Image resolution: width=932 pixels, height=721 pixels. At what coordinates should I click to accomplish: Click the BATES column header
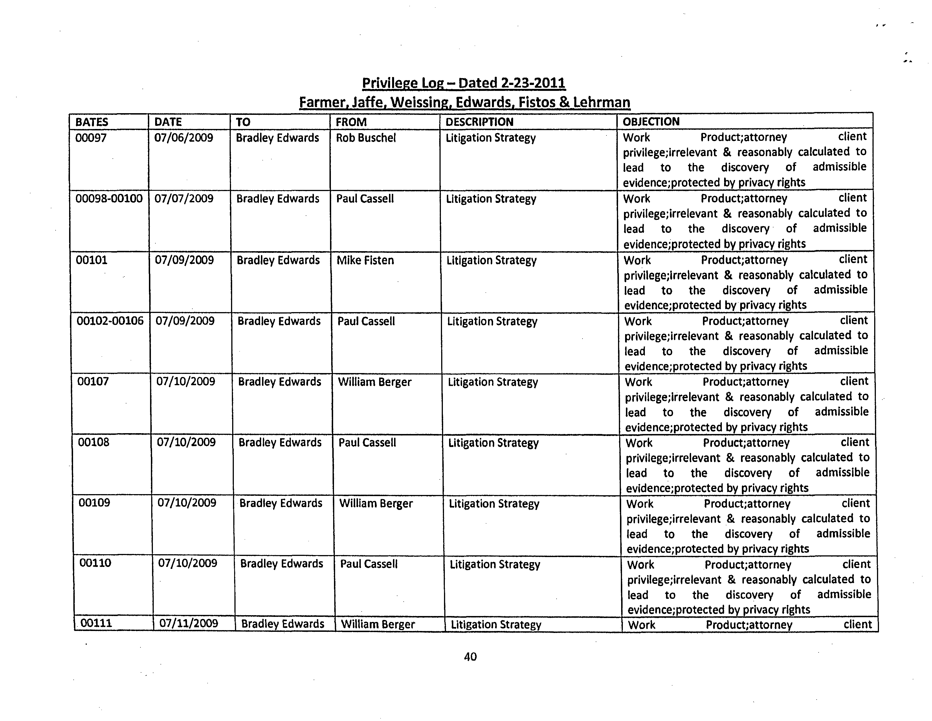[x=92, y=122]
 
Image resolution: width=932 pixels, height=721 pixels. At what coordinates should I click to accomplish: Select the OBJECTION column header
[x=651, y=122]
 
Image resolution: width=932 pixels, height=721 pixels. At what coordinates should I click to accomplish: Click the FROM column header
[x=351, y=122]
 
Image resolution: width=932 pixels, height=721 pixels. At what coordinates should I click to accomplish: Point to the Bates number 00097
[x=91, y=138]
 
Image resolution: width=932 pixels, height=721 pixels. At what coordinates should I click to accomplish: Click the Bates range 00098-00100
[x=109, y=198]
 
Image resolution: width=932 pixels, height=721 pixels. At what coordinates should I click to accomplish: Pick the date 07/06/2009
[x=184, y=138]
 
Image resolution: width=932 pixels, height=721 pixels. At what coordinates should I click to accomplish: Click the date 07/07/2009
[x=184, y=198]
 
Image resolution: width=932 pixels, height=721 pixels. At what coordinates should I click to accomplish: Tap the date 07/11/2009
[x=189, y=623]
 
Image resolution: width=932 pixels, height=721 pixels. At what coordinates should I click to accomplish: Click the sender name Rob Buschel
[x=366, y=138]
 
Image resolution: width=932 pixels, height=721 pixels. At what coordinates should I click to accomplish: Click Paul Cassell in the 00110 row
[x=369, y=564]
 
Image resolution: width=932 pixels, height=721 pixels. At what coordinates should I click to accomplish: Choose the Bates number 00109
[x=94, y=502]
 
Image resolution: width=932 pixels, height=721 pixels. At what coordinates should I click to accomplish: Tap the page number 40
[x=470, y=657]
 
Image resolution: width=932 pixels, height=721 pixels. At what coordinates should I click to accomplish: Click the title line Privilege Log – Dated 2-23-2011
[x=463, y=83]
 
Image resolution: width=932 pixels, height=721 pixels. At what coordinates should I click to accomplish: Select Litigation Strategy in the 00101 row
[x=491, y=260]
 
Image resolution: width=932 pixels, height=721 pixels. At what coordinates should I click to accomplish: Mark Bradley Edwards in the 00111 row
[x=282, y=624]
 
